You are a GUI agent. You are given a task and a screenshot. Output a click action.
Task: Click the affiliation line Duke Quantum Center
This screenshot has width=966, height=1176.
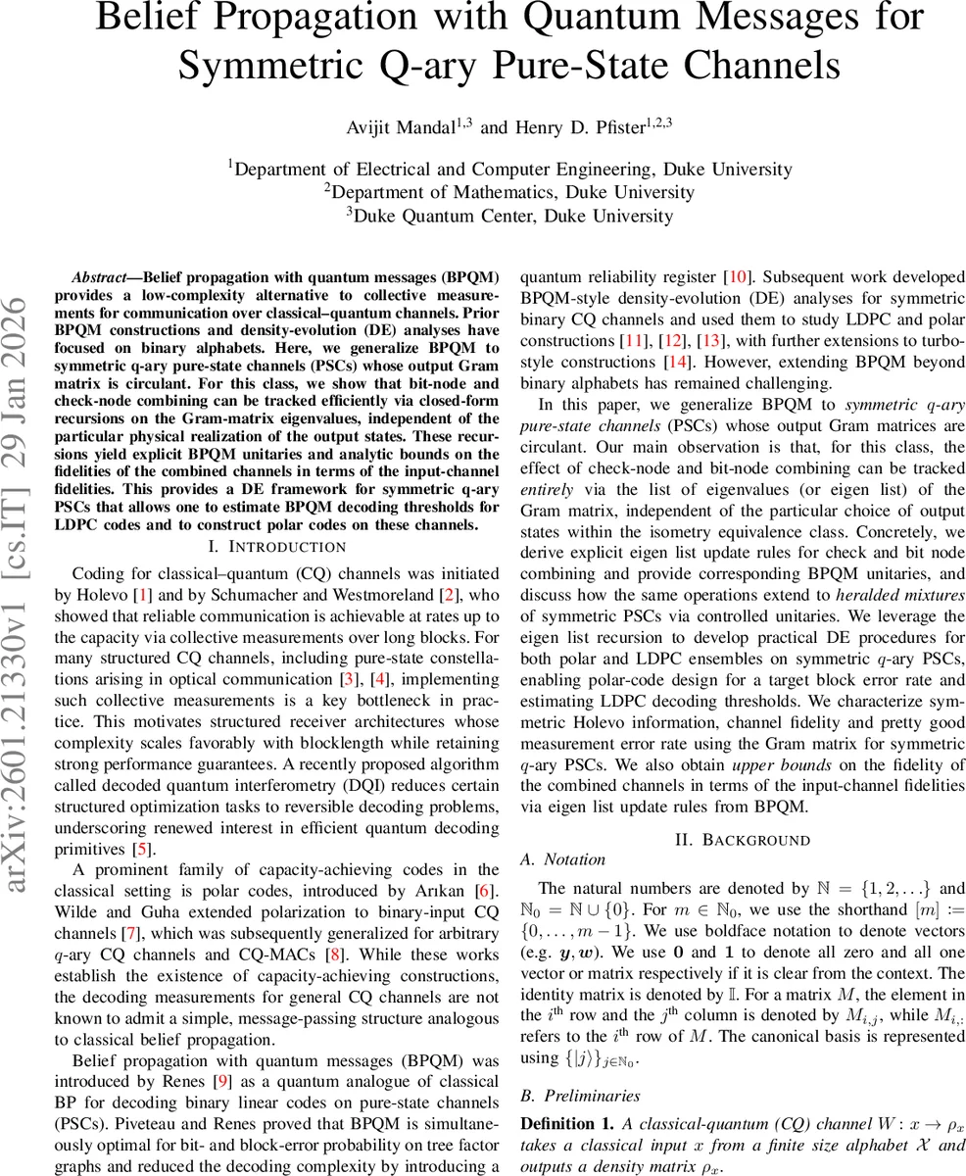click(x=508, y=216)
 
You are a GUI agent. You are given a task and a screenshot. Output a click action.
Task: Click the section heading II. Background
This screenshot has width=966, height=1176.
click(x=743, y=840)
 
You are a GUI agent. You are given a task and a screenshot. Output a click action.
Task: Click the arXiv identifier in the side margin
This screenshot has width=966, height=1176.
click(x=22, y=568)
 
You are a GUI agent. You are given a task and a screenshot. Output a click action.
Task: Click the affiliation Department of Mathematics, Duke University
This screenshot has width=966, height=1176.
click(x=508, y=192)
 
